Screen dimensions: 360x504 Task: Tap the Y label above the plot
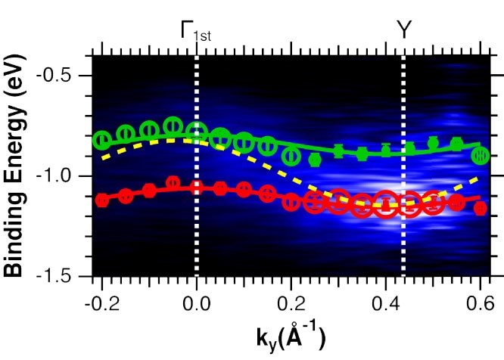(x=404, y=29)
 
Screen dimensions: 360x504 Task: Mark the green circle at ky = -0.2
(x=102, y=139)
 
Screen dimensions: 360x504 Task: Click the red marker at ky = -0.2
(x=102, y=200)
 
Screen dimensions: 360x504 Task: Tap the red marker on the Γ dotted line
(x=197, y=187)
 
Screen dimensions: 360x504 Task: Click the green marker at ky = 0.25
(x=315, y=160)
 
